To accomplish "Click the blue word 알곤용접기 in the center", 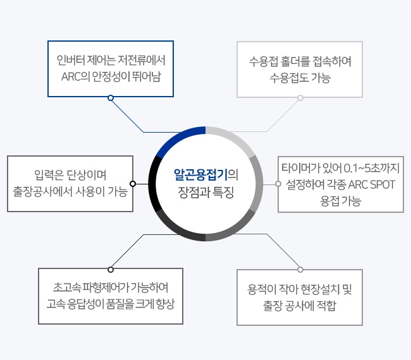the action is tap(200, 175).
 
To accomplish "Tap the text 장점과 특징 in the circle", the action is tap(205, 192).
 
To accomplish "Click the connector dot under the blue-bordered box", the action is tap(111, 98).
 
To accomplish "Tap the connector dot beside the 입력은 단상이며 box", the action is tap(133, 184).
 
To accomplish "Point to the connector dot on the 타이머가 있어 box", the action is tap(278, 184).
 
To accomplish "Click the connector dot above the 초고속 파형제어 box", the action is tap(111, 270).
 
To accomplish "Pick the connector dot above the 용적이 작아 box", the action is tap(300, 270).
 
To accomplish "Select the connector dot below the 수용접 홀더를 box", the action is tap(300, 98).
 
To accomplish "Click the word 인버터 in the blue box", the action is tap(71, 60).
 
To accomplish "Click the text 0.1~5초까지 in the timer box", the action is tap(371, 168).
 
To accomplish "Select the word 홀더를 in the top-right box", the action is tap(295, 61).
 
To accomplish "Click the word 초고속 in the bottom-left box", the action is tap(66, 287).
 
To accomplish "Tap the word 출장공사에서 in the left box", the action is tap(43, 191).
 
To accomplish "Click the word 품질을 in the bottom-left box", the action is tap(120, 304).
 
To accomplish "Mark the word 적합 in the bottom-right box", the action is tap(327, 306).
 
